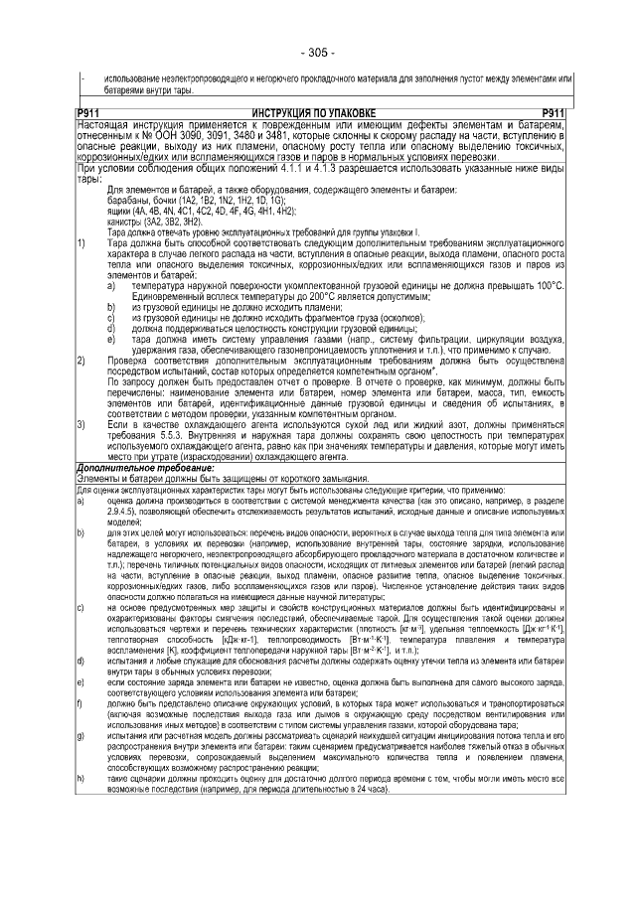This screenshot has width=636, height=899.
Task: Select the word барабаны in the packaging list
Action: (127, 200)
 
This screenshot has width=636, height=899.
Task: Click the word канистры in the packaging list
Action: (125, 222)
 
